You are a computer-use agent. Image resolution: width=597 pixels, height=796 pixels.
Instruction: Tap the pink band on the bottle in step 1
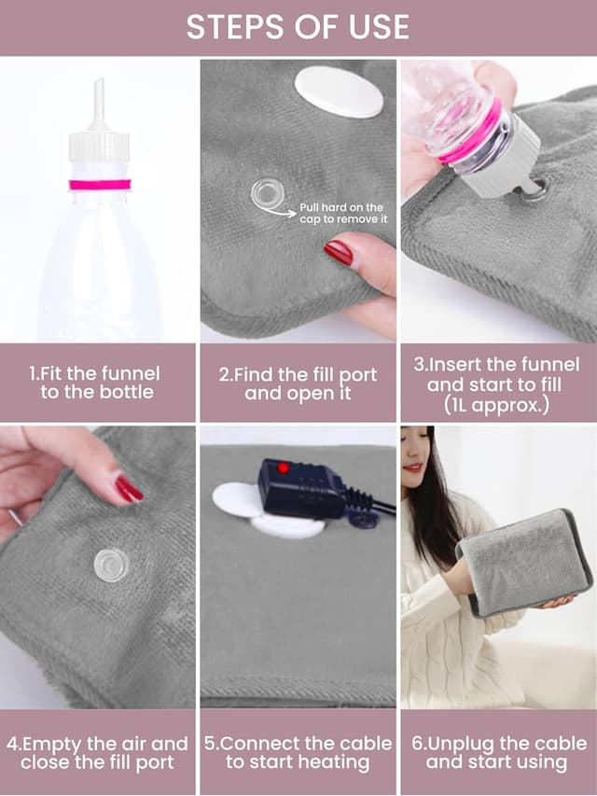coord(100,185)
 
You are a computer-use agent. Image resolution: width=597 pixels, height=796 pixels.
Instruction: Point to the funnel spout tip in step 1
coord(100,80)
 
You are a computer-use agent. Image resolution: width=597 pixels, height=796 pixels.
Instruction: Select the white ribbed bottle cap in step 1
coord(99,147)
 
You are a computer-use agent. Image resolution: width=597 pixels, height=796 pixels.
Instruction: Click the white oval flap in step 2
coord(339,91)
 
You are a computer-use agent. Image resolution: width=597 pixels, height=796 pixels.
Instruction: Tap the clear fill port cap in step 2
coord(268,194)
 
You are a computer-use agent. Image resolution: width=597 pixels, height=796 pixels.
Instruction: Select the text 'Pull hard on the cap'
coord(341,213)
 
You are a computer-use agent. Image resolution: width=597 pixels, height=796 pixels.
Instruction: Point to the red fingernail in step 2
coord(339,252)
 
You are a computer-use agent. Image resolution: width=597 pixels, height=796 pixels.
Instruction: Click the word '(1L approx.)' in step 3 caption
coord(496,405)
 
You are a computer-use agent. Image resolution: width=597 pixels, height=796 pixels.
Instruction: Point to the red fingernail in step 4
coord(128,488)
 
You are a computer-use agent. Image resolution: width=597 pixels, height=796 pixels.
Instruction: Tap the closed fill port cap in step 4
coord(111,565)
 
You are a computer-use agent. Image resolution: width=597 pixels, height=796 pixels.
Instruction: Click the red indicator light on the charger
coord(283,468)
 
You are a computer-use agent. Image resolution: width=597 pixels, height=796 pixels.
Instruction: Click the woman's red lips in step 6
coord(412,468)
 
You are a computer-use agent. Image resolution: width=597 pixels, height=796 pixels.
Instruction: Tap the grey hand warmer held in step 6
coord(524,563)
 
